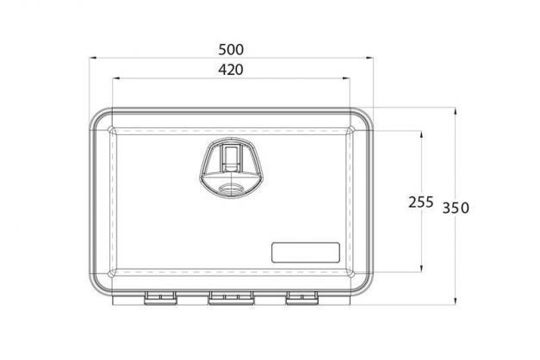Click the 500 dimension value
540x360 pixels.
pos(231,50)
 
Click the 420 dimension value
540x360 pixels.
pos(231,70)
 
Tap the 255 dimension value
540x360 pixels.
pos(420,202)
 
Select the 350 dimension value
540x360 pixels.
pos(456,208)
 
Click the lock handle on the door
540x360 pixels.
pos(232,168)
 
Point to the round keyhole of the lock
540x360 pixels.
pos(232,189)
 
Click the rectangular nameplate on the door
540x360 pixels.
pos(306,252)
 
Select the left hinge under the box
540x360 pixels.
pos(160,298)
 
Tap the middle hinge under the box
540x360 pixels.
pos(231,298)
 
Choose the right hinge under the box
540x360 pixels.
pos(302,298)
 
